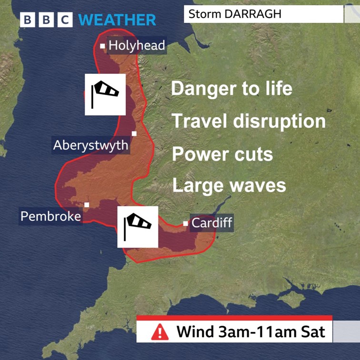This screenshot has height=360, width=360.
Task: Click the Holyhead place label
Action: tap(137, 46)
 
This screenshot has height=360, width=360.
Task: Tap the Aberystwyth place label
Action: tap(90, 145)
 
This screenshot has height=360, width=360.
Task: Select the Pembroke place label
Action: tap(50, 217)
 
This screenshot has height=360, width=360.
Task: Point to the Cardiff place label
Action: tap(212, 223)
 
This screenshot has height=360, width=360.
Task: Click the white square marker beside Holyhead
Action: tap(102, 46)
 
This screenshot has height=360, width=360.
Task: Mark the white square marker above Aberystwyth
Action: tap(134, 133)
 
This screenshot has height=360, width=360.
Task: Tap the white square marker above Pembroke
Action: tap(87, 205)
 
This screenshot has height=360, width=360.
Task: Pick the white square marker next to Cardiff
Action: tap(185, 223)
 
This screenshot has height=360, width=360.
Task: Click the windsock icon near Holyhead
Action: tap(105, 94)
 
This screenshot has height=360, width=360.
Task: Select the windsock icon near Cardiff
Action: tap(138, 227)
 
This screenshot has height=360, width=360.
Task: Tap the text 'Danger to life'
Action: tap(231, 89)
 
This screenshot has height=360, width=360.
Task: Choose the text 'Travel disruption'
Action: tap(249, 121)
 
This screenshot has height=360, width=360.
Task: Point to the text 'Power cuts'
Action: tap(222, 154)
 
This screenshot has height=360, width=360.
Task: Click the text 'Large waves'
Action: tap(229, 185)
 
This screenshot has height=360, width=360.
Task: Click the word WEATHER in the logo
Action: tap(117, 20)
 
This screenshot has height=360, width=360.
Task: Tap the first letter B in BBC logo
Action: tap(28, 20)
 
